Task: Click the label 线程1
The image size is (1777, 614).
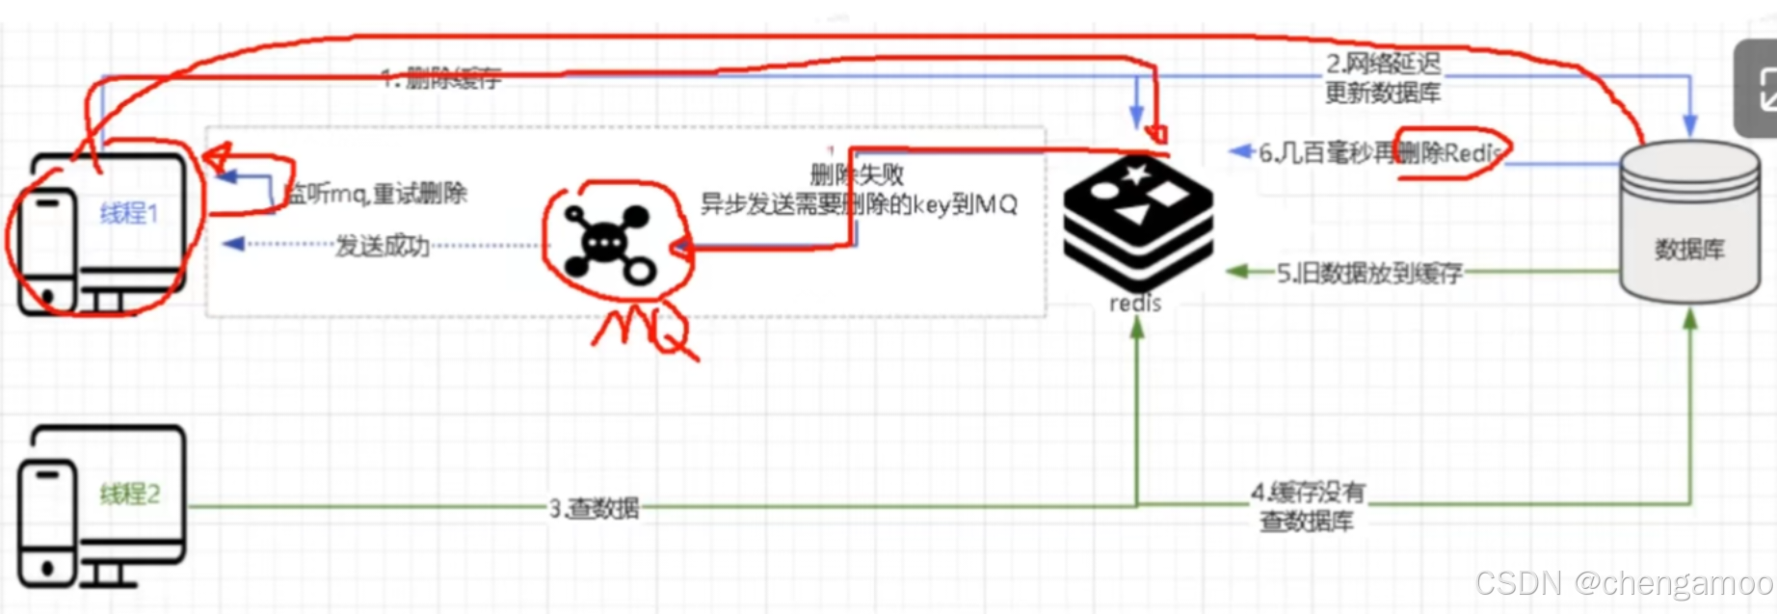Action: (129, 213)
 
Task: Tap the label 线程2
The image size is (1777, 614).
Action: (130, 494)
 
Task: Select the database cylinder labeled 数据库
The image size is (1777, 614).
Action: (1688, 227)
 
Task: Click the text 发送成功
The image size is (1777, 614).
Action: (383, 246)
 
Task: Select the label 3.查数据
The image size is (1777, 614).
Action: (594, 508)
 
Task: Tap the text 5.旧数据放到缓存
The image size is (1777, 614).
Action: (1369, 274)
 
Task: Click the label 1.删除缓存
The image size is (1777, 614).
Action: (440, 78)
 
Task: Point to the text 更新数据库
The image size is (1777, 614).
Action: (1382, 93)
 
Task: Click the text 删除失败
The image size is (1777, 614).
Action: (857, 174)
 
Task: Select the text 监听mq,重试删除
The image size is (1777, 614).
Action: (375, 194)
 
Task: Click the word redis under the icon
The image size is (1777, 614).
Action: (1135, 304)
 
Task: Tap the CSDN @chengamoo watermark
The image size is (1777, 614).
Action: (1624, 583)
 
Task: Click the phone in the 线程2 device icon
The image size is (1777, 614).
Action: (46, 521)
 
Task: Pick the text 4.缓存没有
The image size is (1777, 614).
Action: (1308, 493)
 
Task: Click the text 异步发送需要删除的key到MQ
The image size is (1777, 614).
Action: (859, 204)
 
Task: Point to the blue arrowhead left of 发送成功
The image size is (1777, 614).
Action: (233, 245)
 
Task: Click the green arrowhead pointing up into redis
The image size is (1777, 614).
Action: (1137, 329)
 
